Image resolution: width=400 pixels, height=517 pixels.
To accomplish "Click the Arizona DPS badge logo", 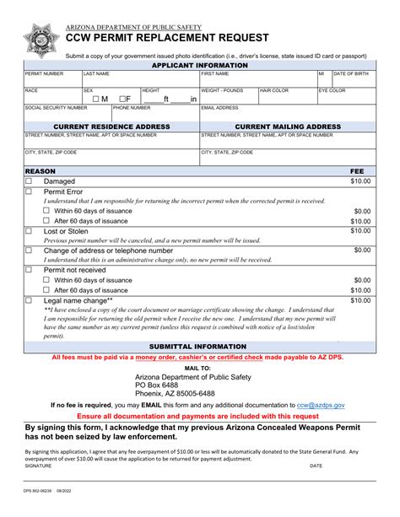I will (41, 40).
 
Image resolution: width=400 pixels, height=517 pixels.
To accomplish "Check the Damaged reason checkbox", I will (29, 181).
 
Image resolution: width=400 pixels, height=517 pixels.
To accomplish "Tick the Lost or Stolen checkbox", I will (29, 231).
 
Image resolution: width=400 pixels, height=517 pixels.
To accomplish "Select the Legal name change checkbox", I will (29, 300).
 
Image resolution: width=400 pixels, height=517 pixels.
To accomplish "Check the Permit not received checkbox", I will (29, 270).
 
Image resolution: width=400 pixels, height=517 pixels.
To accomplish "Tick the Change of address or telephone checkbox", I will (29, 250).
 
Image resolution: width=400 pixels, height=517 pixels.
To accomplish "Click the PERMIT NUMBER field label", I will (44, 74).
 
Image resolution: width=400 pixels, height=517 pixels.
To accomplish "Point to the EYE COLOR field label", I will (332, 90).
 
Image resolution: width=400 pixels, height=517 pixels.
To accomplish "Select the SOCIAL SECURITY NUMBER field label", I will (56, 108).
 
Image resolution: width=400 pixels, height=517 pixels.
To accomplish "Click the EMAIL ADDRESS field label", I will (220, 108).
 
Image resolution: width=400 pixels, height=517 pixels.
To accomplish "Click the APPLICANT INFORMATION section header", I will (199, 65).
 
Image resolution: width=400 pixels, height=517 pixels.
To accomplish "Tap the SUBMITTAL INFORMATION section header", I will (199, 347).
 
